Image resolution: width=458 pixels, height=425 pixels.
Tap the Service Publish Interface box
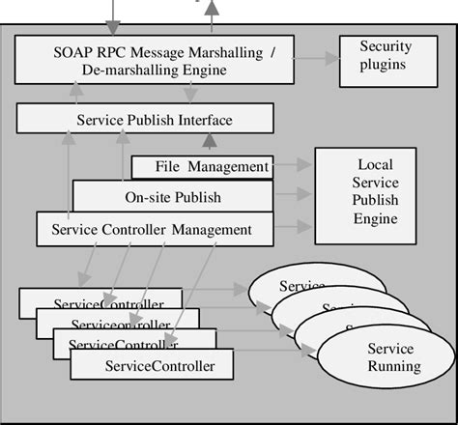[x=145, y=120]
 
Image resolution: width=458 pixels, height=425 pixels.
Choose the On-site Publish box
[x=173, y=198]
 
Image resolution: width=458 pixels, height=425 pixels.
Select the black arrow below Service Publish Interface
[x=206, y=143]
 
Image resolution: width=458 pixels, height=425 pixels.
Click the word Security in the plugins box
[x=384, y=46]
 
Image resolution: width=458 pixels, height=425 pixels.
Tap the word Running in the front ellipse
[x=394, y=367]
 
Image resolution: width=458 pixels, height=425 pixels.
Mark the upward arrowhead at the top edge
[x=212, y=8]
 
